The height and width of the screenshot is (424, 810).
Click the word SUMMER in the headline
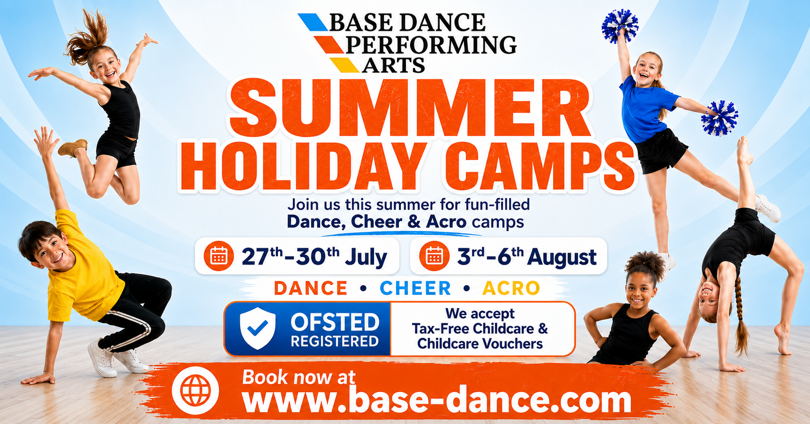(410, 108)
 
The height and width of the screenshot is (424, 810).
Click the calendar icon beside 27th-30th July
(219, 256)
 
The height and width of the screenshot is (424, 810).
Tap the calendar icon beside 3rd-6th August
(434, 256)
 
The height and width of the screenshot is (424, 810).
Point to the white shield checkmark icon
(257, 328)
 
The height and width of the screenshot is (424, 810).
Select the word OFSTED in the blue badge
(335, 323)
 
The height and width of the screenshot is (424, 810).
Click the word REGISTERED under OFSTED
(334, 341)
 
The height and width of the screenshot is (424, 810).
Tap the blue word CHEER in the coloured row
(415, 288)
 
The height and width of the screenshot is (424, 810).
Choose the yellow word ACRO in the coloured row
(511, 288)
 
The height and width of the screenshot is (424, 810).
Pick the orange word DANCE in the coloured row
(311, 288)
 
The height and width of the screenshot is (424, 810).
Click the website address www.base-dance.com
(437, 400)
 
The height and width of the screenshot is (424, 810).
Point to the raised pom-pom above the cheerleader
(619, 26)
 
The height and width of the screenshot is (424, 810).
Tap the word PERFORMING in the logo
(431, 45)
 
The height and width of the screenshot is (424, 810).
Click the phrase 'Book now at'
(298, 377)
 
